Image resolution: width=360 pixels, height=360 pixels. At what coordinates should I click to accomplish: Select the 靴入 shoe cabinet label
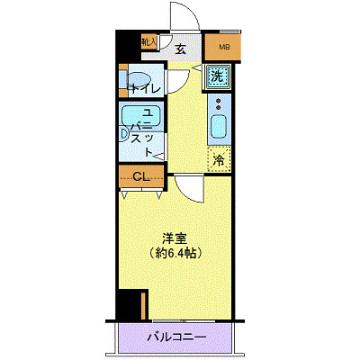coord(149,41)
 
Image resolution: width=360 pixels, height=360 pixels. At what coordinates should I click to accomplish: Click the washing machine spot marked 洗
coord(218,76)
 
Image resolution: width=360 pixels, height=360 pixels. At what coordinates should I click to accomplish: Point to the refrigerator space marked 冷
coord(219,160)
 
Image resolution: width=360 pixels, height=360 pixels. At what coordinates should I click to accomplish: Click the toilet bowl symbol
coord(136,78)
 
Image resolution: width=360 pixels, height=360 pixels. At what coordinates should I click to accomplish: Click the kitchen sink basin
coord(219,127)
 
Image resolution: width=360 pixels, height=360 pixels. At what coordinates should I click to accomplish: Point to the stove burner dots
coord(219,103)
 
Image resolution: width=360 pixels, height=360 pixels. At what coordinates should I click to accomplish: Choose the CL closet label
coord(140,176)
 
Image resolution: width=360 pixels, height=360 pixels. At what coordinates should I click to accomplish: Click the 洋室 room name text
coord(174,238)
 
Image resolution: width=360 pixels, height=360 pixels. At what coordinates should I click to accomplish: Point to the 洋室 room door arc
coord(190,186)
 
